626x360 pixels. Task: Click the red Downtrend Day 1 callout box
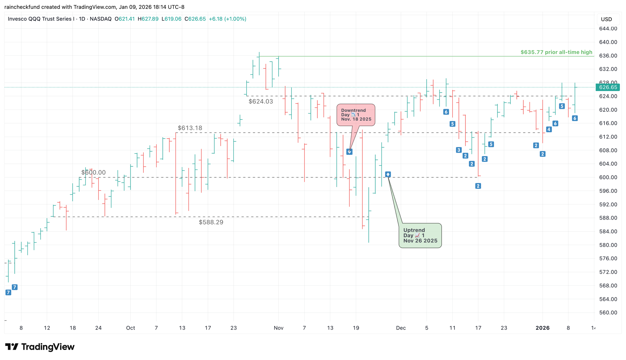pos(356,115)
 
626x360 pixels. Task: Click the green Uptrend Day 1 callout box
pos(420,236)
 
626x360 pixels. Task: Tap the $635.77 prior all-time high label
pos(556,52)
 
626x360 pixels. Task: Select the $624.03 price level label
pos(261,101)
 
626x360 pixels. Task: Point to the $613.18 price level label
pos(190,128)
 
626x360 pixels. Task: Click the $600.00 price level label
pos(93,172)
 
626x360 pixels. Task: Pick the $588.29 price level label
pos(211,222)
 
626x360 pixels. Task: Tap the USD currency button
pos(606,19)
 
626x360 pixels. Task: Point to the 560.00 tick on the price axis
pos(608,312)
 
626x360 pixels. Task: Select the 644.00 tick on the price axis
pos(608,28)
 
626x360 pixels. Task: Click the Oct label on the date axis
pos(131,328)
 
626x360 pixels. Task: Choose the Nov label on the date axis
pos(279,328)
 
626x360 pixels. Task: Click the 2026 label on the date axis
pos(542,328)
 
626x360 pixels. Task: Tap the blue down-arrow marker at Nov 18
pos(349,152)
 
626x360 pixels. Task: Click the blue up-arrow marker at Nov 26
pos(388,174)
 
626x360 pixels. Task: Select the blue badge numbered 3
pos(459,150)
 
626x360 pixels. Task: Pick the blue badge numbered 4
pos(549,129)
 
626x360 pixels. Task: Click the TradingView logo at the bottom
pos(40,347)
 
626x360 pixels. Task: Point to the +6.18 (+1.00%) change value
pos(227,19)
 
